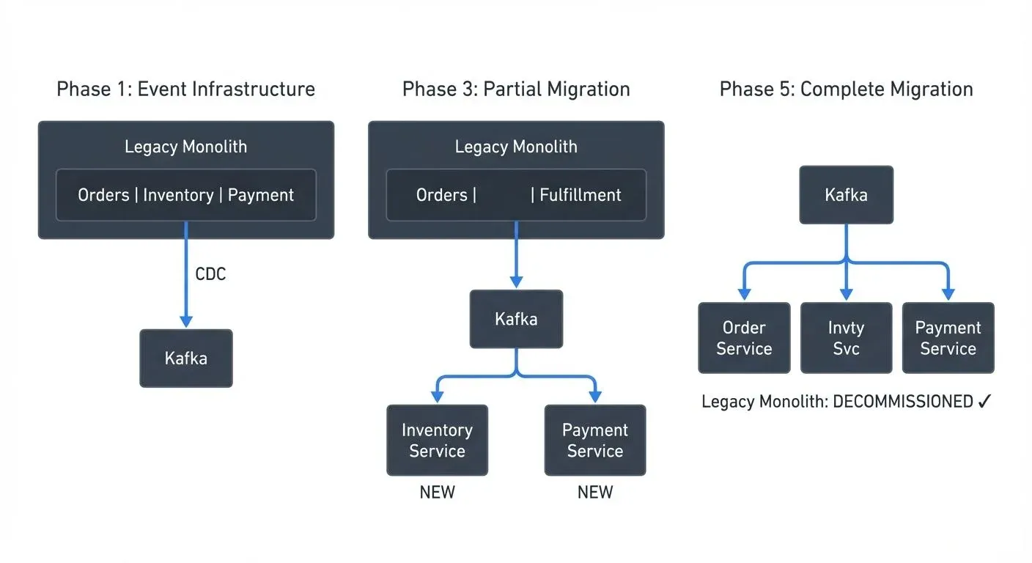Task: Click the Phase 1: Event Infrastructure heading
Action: coord(185,89)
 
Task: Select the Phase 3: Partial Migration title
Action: coord(516,89)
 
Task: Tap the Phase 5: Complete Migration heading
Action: coord(846,89)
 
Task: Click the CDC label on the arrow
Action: coord(210,274)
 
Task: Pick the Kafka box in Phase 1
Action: coord(186,358)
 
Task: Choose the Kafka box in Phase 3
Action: coord(516,319)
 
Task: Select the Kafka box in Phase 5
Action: coord(846,195)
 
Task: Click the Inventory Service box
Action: coord(437,440)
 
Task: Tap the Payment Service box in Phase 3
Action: coord(594,440)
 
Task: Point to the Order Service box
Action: coord(744,338)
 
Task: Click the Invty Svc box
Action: coord(846,338)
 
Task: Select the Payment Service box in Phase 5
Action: coord(948,338)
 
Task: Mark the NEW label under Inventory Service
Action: coord(437,493)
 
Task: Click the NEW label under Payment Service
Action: coord(594,493)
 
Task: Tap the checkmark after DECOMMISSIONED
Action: coord(984,402)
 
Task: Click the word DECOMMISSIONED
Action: coord(903,402)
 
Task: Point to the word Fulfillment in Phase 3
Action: coord(580,195)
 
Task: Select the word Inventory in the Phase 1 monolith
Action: coord(178,195)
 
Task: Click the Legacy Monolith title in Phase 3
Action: coord(516,147)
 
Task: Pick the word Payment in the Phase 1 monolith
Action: coord(260,195)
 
